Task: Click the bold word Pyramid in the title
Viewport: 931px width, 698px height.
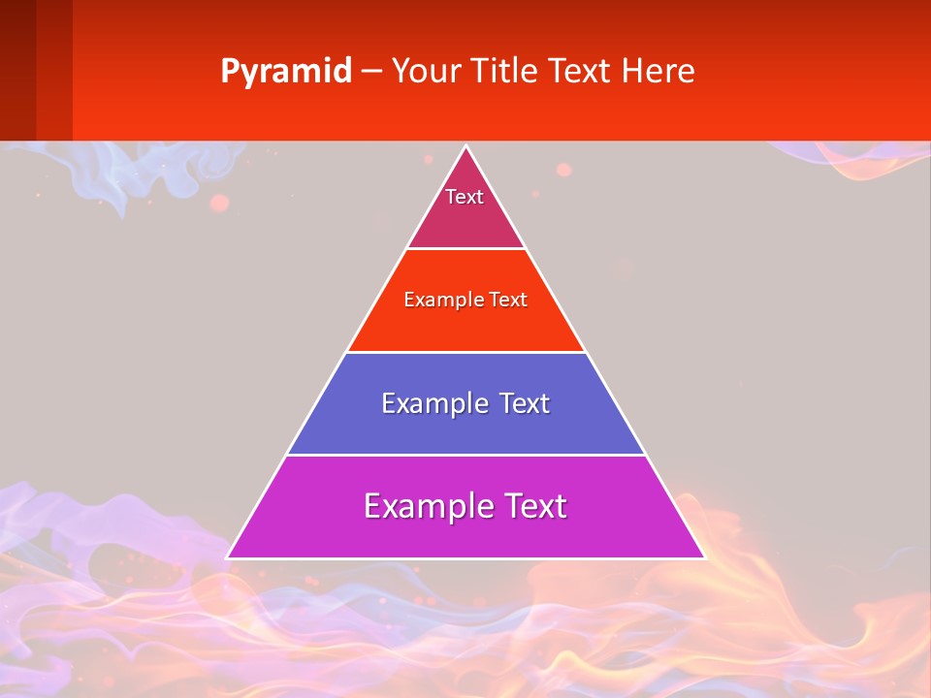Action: [x=285, y=72]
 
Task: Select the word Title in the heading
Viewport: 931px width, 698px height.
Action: [x=507, y=72]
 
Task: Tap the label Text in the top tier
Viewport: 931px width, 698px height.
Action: [x=465, y=197]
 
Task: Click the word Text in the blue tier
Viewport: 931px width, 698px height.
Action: [x=523, y=403]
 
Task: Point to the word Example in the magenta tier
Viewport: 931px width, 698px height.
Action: [x=427, y=506]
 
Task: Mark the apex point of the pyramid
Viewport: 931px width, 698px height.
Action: [x=465, y=147]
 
